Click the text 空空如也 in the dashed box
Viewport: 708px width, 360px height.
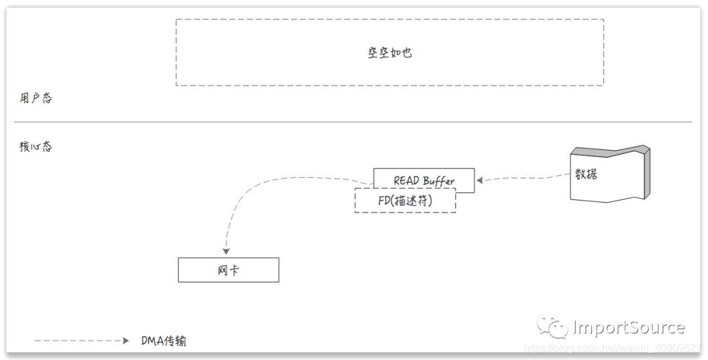[x=389, y=53]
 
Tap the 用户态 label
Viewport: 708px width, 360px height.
[x=35, y=98]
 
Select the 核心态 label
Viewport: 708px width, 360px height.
[x=35, y=147]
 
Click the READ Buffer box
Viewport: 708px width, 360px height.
[x=423, y=180]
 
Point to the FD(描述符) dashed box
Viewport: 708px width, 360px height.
[x=405, y=201]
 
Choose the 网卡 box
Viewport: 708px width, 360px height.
[x=228, y=270]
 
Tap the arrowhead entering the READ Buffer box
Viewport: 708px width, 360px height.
[x=480, y=180]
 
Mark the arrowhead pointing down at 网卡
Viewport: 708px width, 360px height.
[x=226, y=251]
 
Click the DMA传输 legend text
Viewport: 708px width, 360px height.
[x=165, y=341]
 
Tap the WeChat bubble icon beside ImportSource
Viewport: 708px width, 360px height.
[x=553, y=327]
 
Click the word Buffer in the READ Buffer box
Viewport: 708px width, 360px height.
[x=439, y=181]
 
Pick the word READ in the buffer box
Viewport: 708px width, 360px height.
[x=406, y=180]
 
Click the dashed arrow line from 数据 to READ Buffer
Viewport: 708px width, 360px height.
[x=524, y=178]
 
